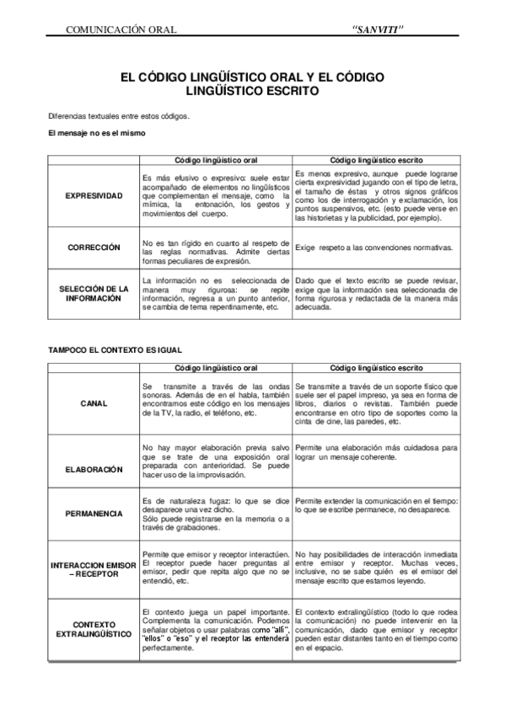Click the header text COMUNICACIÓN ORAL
pyautogui.click(x=121, y=30)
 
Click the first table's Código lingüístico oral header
pyautogui.click(x=216, y=158)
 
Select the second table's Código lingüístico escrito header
pyautogui.click(x=376, y=368)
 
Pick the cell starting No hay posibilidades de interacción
pyautogui.click(x=376, y=569)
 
